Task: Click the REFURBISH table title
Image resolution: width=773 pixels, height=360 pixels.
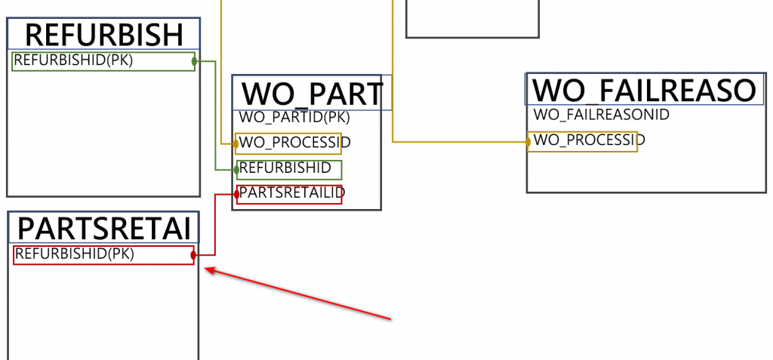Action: [104, 35]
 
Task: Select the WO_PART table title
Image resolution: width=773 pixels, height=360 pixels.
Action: [312, 94]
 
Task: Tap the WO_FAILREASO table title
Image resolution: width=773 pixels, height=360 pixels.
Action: [644, 90]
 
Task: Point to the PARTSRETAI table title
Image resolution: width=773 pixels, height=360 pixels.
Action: [103, 228]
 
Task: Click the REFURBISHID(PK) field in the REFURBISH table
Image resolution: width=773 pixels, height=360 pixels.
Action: [73, 60]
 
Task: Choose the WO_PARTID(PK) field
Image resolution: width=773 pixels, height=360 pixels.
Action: [294, 117]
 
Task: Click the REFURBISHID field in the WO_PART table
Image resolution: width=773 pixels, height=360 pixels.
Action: [285, 168]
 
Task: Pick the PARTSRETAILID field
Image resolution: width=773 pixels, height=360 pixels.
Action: [291, 193]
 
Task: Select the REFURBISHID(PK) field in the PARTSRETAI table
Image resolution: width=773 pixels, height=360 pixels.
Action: [75, 254]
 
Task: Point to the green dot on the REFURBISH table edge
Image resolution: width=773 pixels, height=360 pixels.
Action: [195, 60]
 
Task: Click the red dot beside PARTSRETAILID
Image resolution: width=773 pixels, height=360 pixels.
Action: [236, 194]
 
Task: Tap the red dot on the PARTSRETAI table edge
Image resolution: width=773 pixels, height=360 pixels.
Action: [194, 256]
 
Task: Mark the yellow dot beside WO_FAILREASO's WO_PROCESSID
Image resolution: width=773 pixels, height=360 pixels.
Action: [528, 141]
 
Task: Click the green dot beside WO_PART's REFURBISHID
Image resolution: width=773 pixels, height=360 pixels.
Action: [236, 170]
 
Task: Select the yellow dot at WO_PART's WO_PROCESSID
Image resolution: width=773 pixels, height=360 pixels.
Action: [236, 143]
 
